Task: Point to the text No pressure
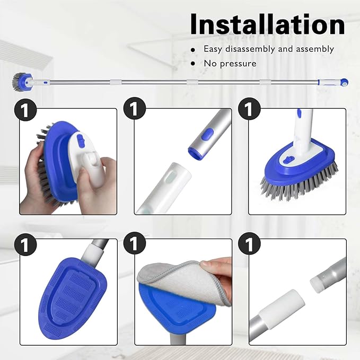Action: [x=230, y=64]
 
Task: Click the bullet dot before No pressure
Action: [x=194, y=64]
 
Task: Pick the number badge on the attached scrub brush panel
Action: [x=248, y=111]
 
